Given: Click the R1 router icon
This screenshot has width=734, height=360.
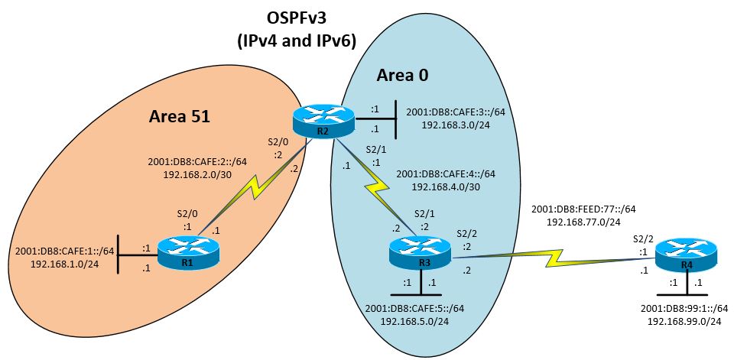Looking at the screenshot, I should pyautogui.click(x=187, y=253).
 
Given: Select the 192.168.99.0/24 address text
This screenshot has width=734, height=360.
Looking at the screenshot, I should pyautogui.click(x=680, y=322).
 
